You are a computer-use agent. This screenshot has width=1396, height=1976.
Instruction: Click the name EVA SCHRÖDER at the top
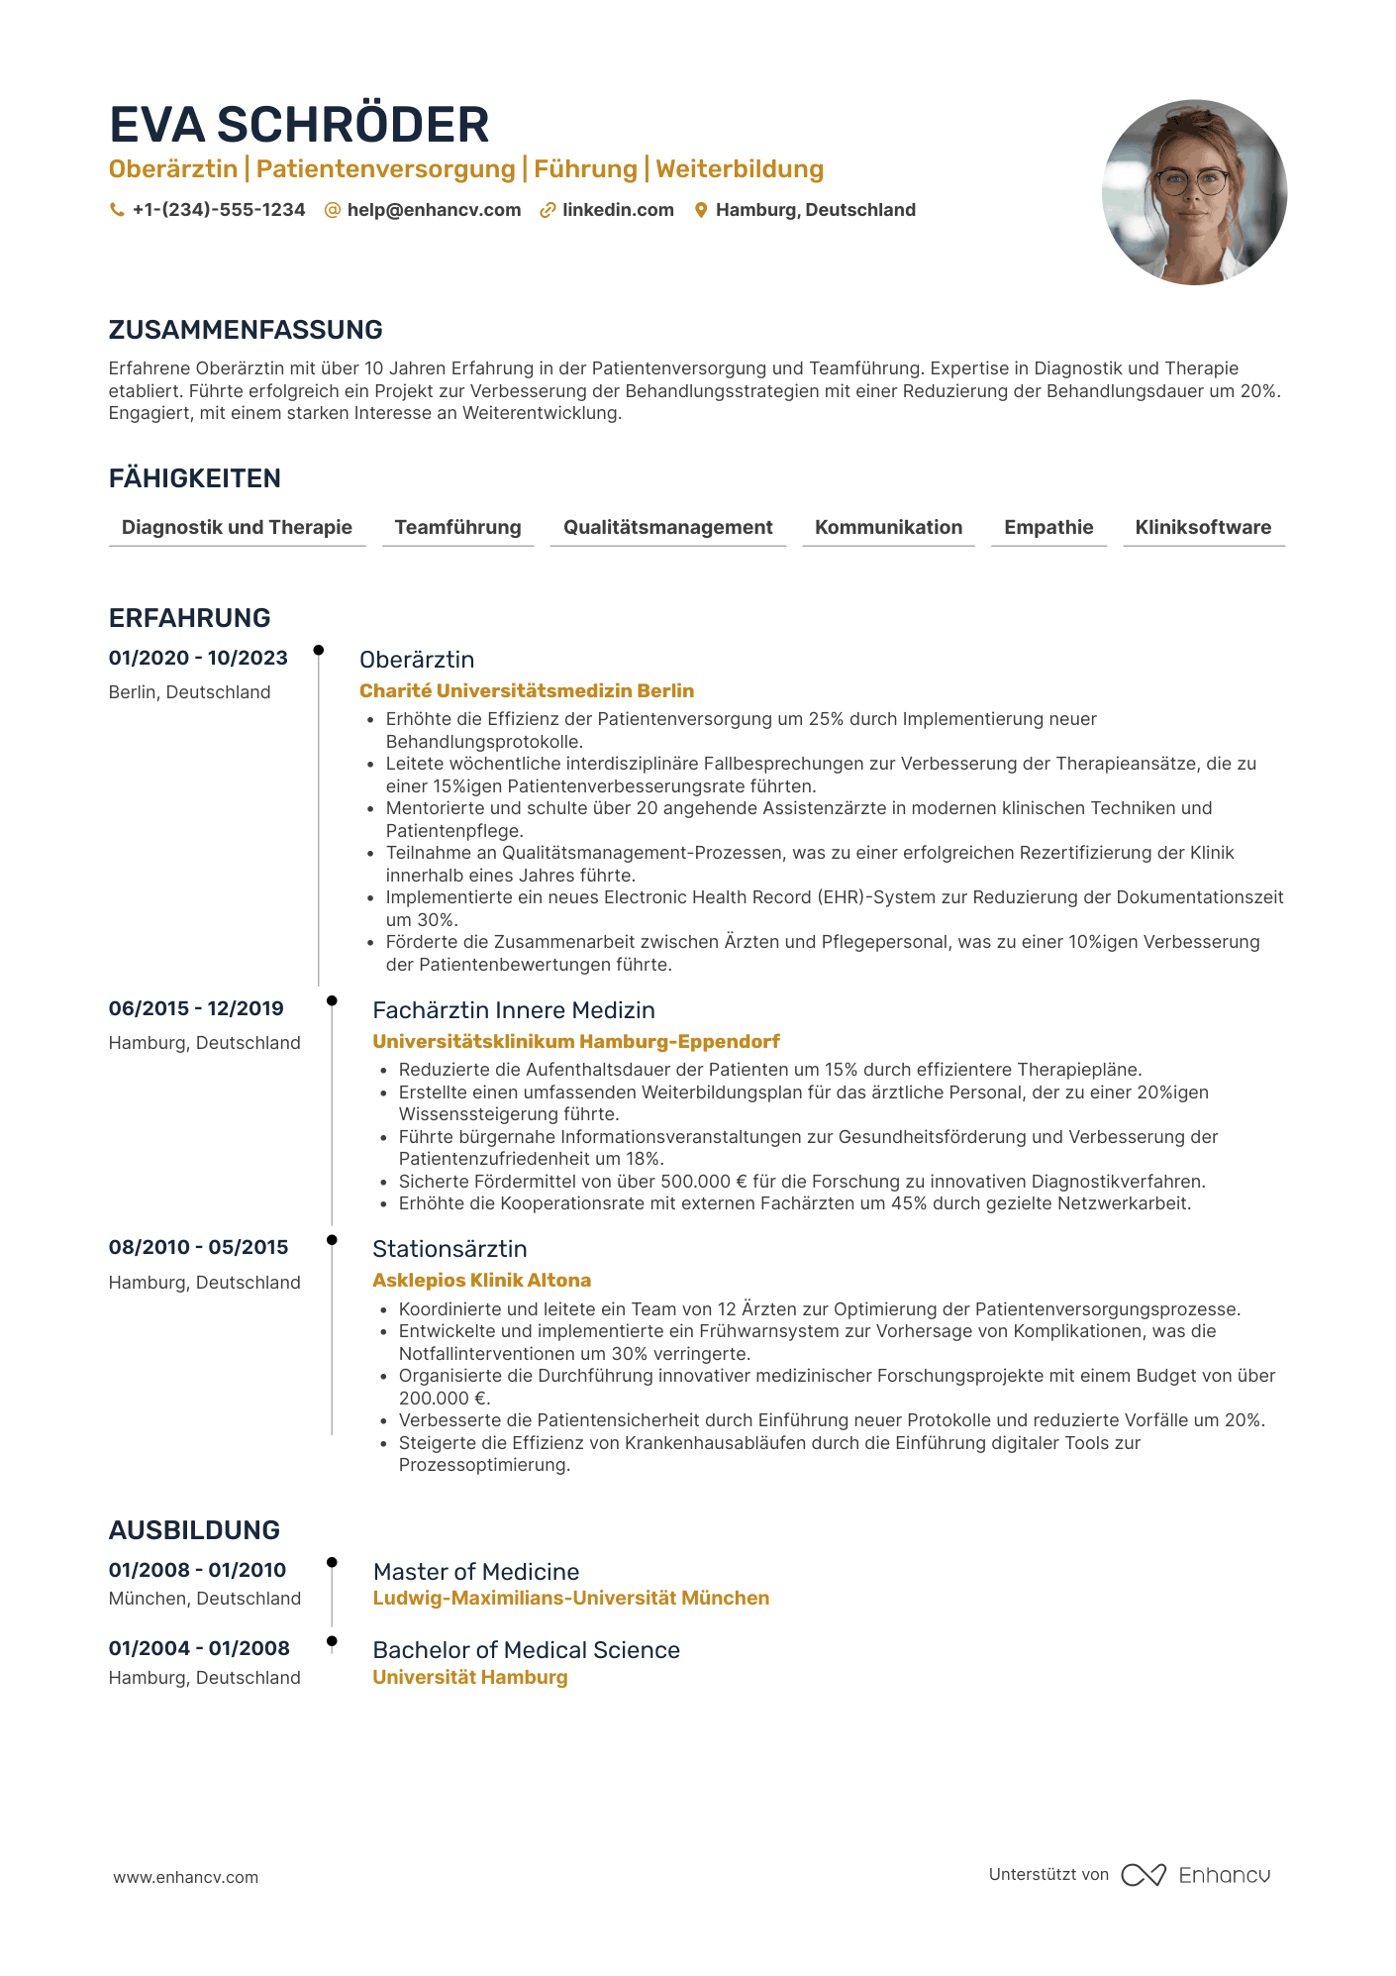point(299,126)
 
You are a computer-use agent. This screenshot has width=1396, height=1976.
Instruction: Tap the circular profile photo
point(1194,192)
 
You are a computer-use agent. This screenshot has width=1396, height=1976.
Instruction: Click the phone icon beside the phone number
point(117,210)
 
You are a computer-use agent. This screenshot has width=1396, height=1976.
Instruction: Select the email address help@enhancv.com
point(434,210)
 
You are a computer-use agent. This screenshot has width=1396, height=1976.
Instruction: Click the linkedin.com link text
point(618,210)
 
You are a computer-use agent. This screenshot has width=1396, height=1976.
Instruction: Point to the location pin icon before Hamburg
point(701,210)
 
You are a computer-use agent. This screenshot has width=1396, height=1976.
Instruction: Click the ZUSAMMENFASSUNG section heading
point(246,330)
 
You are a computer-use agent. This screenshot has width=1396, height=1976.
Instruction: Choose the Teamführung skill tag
point(457,527)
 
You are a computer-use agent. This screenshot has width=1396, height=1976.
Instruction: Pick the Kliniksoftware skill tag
point(1203,527)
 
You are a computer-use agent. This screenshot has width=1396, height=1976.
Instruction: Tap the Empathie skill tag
point(1048,527)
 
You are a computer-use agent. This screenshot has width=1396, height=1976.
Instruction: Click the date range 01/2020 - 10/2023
point(198,658)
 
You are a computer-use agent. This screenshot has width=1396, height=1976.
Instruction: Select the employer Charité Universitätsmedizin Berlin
point(527,690)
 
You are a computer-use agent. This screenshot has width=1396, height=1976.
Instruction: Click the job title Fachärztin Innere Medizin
point(514,1010)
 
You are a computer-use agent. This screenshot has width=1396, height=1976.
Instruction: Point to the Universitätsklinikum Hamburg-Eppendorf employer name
point(576,1041)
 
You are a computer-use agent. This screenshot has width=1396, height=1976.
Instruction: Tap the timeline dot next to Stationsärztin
point(332,1240)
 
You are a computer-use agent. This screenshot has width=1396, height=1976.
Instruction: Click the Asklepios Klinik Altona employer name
point(482,1280)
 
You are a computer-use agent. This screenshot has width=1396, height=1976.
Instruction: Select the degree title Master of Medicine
point(476,1572)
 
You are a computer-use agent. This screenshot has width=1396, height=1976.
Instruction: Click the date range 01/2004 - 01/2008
point(199,1648)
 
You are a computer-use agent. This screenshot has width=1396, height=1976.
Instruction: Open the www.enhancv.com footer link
point(186,1877)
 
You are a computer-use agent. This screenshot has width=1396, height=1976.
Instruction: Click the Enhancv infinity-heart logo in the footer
point(1144,1875)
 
